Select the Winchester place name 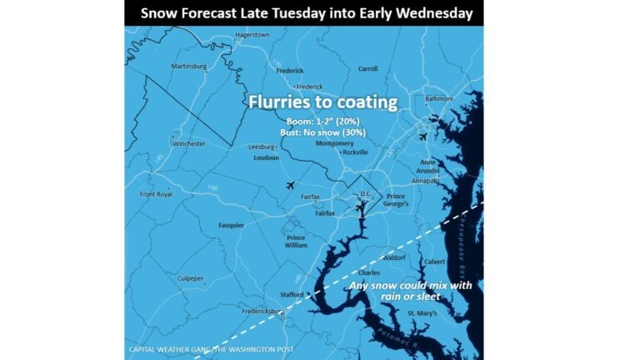(x=189, y=143)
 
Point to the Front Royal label (x=156, y=194)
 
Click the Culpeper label (x=190, y=278)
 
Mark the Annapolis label (x=426, y=180)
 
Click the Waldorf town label (x=392, y=258)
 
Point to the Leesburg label (x=262, y=147)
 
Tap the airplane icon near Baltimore (x=423, y=137)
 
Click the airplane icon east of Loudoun (x=290, y=185)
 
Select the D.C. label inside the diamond (x=364, y=194)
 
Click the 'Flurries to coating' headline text (x=322, y=102)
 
